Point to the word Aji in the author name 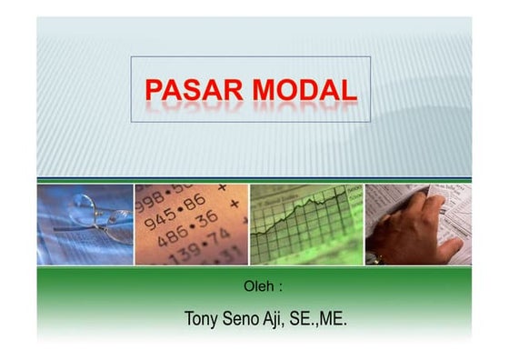pos(275,320)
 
